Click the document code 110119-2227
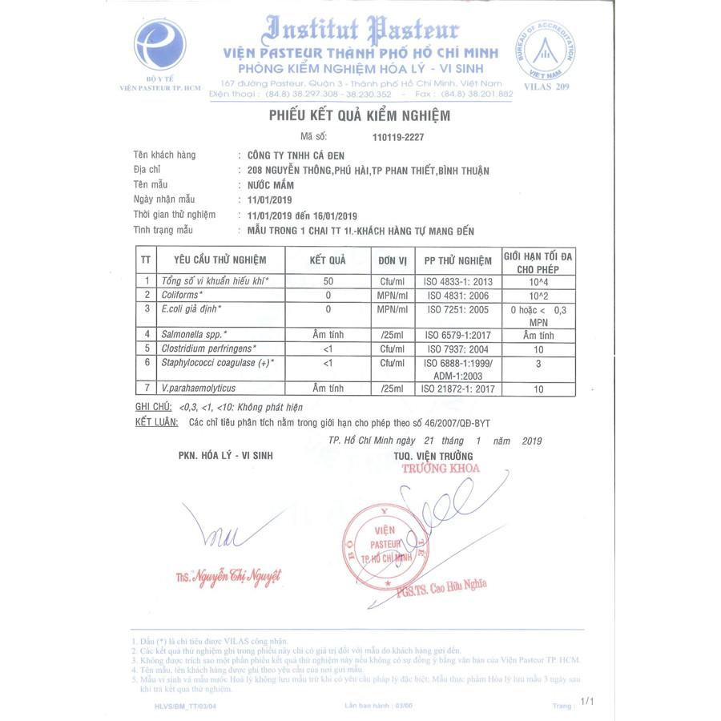coord(398,137)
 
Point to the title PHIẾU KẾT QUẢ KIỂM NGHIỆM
coord(359,116)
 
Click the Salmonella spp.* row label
coord(194,334)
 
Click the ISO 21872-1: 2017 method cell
coord(457,389)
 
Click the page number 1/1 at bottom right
coord(587,701)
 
